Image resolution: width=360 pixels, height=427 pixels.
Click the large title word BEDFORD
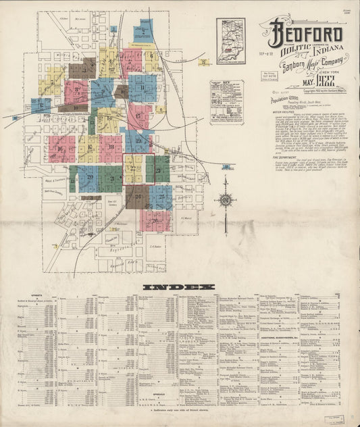tap(307, 33)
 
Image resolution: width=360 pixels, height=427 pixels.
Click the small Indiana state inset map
tap(230, 41)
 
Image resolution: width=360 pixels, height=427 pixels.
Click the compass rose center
tap(225, 199)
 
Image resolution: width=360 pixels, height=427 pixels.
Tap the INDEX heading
tap(179, 287)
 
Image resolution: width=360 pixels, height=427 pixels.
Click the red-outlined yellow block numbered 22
tap(133, 169)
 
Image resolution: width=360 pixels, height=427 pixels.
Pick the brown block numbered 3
tap(82, 68)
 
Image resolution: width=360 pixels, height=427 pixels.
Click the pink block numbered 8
tap(76, 91)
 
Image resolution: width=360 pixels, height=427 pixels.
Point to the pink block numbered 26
tap(155, 220)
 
